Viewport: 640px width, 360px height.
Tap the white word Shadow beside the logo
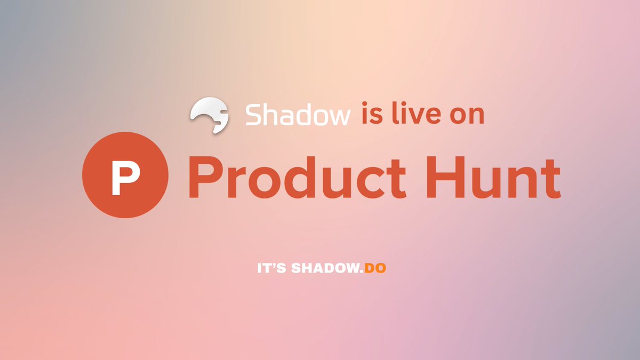pyautogui.click(x=298, y=115)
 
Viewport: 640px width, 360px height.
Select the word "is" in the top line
pyautogui.click(x=372, y=115)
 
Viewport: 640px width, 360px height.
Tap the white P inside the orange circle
pyautogui.click(x=125, y=176)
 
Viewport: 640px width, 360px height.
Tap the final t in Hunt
pyautogui.click(x=553, y=177)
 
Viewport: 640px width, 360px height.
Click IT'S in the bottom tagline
pyautogui.click(x=272, y=268)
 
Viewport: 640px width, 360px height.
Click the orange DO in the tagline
pyautogui.click(x=375, y=268)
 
